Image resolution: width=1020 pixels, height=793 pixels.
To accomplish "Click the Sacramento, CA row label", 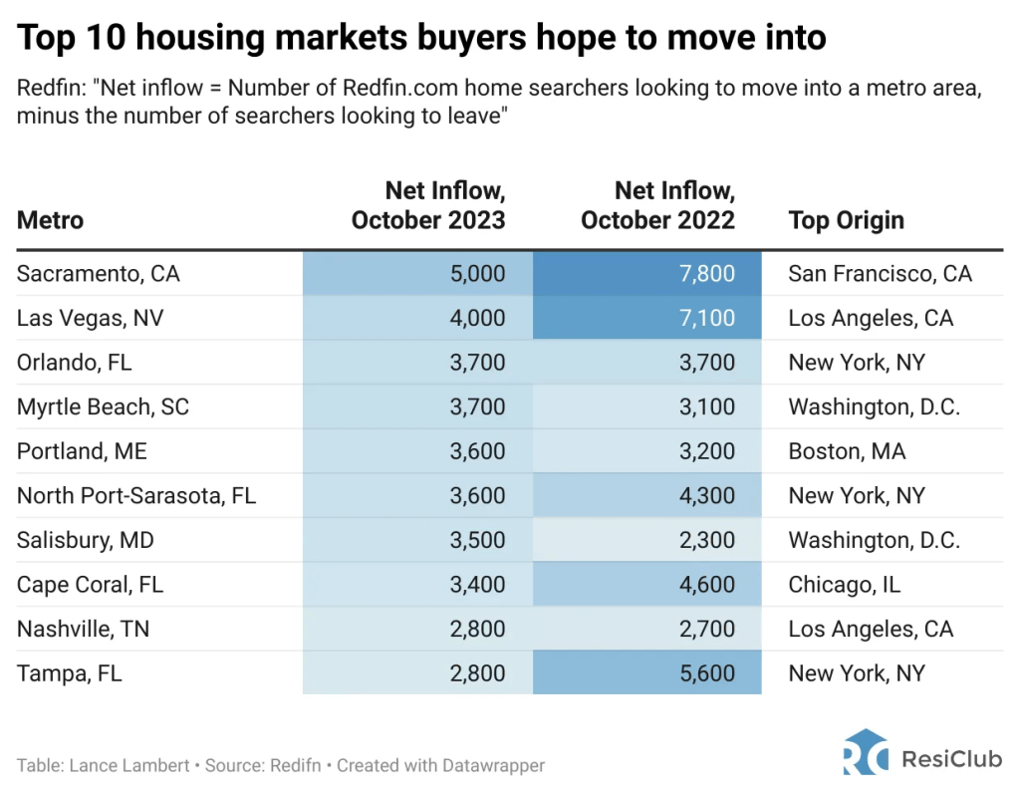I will (98, 274).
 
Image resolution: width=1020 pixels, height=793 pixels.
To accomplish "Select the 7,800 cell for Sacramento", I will (707, 274).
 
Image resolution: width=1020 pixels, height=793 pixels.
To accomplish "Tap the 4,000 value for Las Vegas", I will (477, 319).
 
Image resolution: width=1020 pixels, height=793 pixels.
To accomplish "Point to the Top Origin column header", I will (846, 220).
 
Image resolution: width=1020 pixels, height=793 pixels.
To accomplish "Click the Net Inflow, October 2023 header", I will (428, 205).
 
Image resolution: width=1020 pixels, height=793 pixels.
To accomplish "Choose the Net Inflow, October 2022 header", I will (657, 205).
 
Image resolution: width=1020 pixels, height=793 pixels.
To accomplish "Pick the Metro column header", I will (50, 220).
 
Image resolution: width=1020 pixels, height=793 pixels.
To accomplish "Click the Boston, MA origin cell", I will (847, 451).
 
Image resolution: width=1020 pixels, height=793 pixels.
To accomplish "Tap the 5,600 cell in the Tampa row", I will (707, 673).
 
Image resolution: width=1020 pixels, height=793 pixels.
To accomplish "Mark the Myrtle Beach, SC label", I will (103, 406).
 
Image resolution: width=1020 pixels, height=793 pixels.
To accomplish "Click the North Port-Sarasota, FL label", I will (136, 496).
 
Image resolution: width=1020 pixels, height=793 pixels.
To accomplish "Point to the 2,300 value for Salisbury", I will (707, 540).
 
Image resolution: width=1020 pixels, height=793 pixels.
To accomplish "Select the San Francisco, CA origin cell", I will (880, 274).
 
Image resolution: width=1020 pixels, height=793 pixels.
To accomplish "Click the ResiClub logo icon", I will (864, 753).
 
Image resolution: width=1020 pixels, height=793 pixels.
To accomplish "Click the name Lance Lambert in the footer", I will (128, 766).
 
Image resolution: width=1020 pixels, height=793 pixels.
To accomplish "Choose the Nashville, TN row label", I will (83, 629).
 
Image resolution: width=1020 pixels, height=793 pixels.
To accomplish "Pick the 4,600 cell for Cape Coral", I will (707, 585).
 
